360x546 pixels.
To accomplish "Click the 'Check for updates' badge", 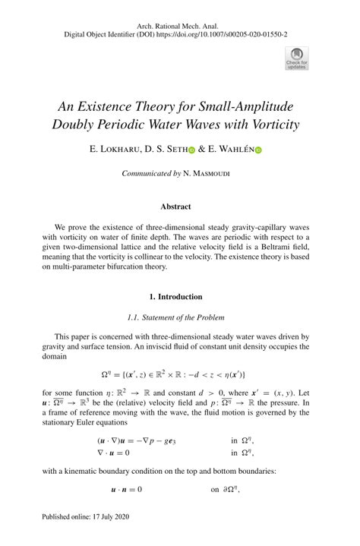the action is point(297,58).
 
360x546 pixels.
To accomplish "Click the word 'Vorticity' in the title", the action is point(273,124).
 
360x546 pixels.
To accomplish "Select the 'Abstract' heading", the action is point(180,207).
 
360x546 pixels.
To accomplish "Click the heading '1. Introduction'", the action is point(180,296).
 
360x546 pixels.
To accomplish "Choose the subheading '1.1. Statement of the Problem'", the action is point(180,317).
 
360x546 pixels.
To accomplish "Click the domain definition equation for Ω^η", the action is point(180,374).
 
